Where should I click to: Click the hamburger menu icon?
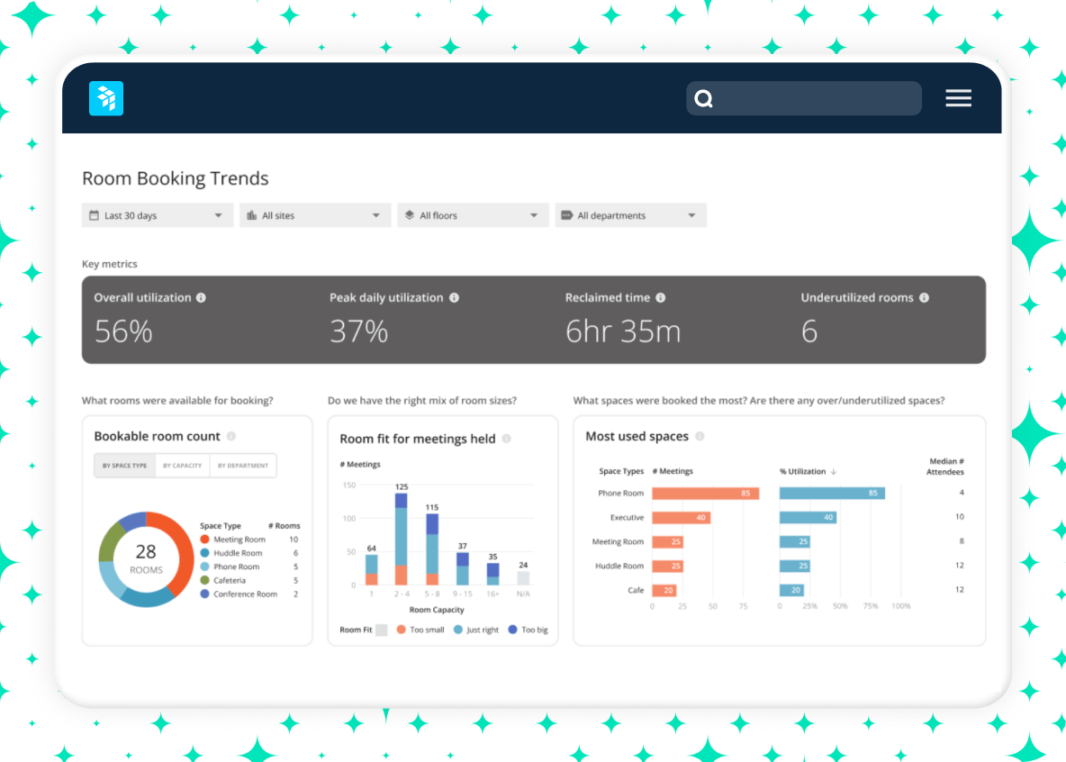click(958, 99)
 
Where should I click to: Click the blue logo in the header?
click(106, 99)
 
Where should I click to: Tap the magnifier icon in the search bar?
click(704, 99)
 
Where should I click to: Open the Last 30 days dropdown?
click(158, 215)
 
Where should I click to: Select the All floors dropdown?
click(473, 215)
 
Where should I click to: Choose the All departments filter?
click(630, 215)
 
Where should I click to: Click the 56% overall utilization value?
click(123, 331)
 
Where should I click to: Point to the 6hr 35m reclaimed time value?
click(622, 331)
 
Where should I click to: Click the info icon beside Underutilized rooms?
click(924, 298)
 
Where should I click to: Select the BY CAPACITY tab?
click(182, 466)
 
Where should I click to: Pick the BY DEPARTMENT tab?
click(242, 466)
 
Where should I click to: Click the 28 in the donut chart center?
click(146, 552)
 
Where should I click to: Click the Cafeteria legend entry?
click(229, 580)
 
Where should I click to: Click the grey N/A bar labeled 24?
click(523, 578)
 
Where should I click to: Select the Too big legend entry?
click(528, 630)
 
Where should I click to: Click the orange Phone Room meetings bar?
click(705, 494)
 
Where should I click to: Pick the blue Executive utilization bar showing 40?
click(807, 518)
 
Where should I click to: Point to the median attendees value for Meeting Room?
click(961, 541)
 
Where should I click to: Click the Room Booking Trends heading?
click(176, 178)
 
